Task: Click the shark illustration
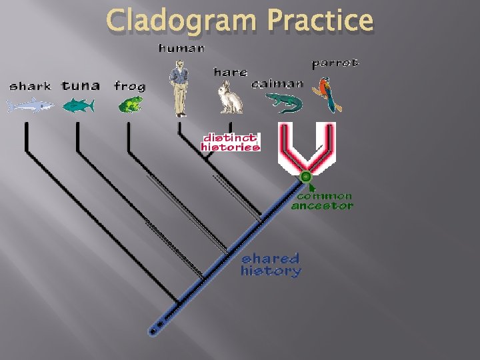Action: pyautogui.click(x=30, y=105)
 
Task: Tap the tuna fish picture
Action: pyautogui.click(x=78, y=105)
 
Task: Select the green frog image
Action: pyautogui.click(x=130, y=104)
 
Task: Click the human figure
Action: pyautogui.click(x=179, y=87)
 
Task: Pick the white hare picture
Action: pyautogui.click(x=231, y=97)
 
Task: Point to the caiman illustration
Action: pyautogui.click(x=284, y=102)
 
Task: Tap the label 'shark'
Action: pyautogui.click(x=29, y=86)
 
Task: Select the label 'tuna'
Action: pyautogui.click(x=81, y=85)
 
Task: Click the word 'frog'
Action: pyautogui.click(x=129, y=86)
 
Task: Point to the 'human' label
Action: pyautogui.click(x=181, y=48)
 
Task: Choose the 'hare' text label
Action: pyautogui.click(x=230, y=71)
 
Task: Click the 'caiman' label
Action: pyautogui.click(x=277, y=84)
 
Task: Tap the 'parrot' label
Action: pyautogui.click(x=335, y=63)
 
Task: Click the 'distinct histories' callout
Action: pyautogui.click(x=230, y=142)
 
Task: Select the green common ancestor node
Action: pyautogui.click(x=305, y=177)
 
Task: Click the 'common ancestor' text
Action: pyautogui.click(x=323, y=201)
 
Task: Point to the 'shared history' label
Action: pyautogui.click(x=271, y=265)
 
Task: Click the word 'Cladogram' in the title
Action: pyautogui.click(x=180, y=21)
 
